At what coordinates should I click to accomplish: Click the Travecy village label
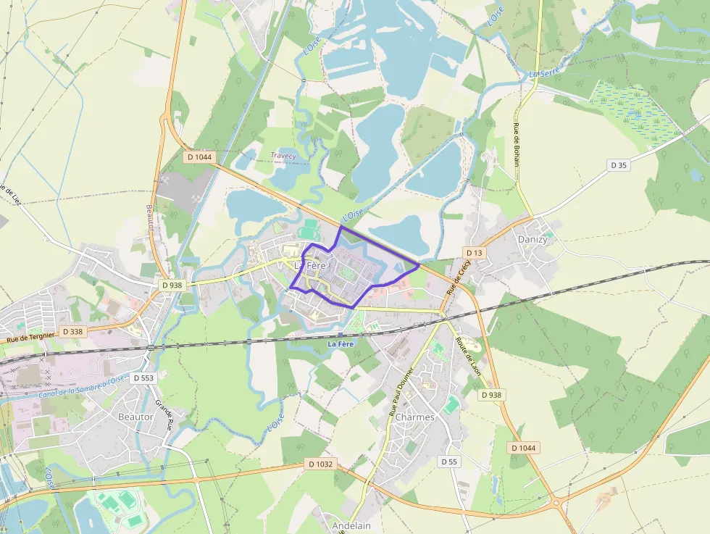pos(283,156)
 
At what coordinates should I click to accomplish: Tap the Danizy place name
pos(532,239)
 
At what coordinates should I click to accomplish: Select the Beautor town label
pos(135,417)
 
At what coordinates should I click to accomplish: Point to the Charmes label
pos(415,417)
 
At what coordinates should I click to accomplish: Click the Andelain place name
pos(351,525)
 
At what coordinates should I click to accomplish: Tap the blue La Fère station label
pos(341,343)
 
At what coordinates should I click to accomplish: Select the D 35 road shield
pos(618,165)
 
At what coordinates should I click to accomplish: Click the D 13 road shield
pos(475,252)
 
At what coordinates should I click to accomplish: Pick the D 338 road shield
pos(73,331)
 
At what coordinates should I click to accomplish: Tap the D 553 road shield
pos(145,378)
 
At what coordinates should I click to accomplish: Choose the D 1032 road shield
pos(320,464)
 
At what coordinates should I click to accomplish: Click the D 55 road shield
pos(449,461)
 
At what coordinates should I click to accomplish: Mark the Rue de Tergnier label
pos(30,336)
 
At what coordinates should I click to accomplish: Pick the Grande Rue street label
pos(164,414)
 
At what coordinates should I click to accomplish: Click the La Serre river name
pos(544,73)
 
